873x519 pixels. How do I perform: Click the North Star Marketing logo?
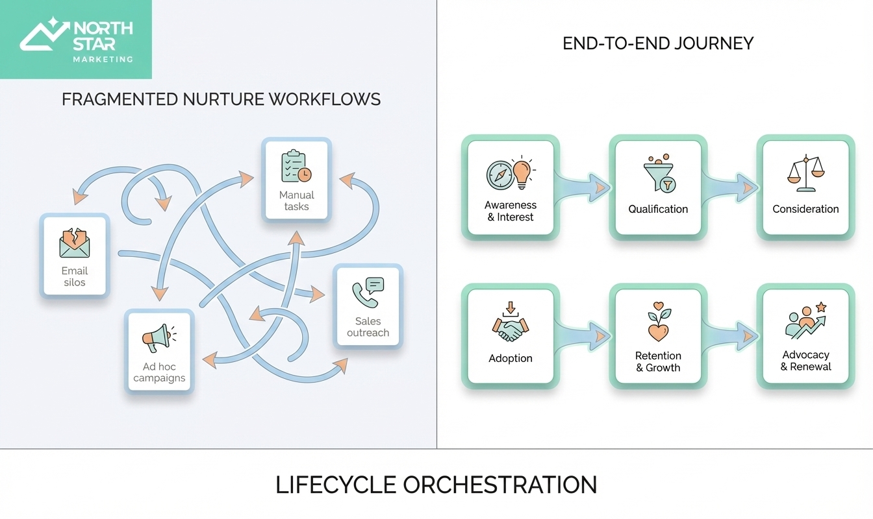pos(76,40)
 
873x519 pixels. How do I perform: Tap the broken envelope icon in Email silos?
pos(75,243)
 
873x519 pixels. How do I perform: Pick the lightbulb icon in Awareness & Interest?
pos(522,173)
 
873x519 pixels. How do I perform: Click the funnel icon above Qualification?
pos(659,174)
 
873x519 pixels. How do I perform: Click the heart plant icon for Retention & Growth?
pos(659,321)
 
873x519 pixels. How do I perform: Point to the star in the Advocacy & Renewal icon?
pos(820,306)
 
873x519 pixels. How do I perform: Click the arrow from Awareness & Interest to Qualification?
pos(581,187)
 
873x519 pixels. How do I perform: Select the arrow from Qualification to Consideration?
pos(729,187)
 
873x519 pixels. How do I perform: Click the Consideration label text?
pos(805,209)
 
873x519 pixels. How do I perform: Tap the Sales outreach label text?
pos(368,327)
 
